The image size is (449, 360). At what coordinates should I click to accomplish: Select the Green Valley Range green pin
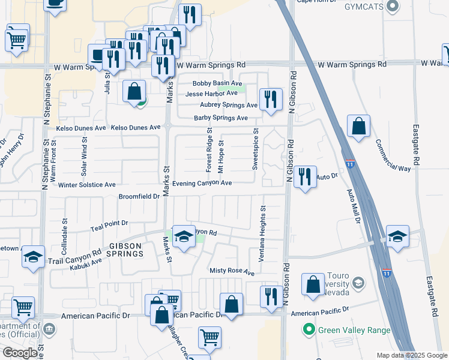tap(309, 329)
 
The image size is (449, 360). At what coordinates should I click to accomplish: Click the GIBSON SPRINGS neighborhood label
tap(126, 250)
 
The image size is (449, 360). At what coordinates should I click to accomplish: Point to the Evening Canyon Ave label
tap(202, 183)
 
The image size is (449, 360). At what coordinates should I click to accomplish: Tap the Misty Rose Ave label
tap(232, 271)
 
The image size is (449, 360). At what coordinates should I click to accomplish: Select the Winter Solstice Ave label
tap(87, 185)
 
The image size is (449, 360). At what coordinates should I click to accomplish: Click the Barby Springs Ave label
tap(220, 118)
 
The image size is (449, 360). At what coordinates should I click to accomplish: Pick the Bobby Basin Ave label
tap(217, 84)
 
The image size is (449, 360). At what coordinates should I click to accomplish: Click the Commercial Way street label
tap(393, 156)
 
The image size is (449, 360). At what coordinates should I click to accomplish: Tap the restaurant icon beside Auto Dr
tap(305, 176)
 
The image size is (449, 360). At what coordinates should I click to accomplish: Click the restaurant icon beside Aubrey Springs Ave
tap(271, 98)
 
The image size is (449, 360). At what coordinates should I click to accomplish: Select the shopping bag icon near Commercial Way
tap(358, 127)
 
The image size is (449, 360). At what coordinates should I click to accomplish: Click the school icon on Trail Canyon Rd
tap(184, 237)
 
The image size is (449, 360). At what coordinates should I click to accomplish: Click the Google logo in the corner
tap(20, 353)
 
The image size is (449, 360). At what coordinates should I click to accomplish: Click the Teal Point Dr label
tap(109, 223)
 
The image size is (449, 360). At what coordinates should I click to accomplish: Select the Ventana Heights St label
tap(262, 233)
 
